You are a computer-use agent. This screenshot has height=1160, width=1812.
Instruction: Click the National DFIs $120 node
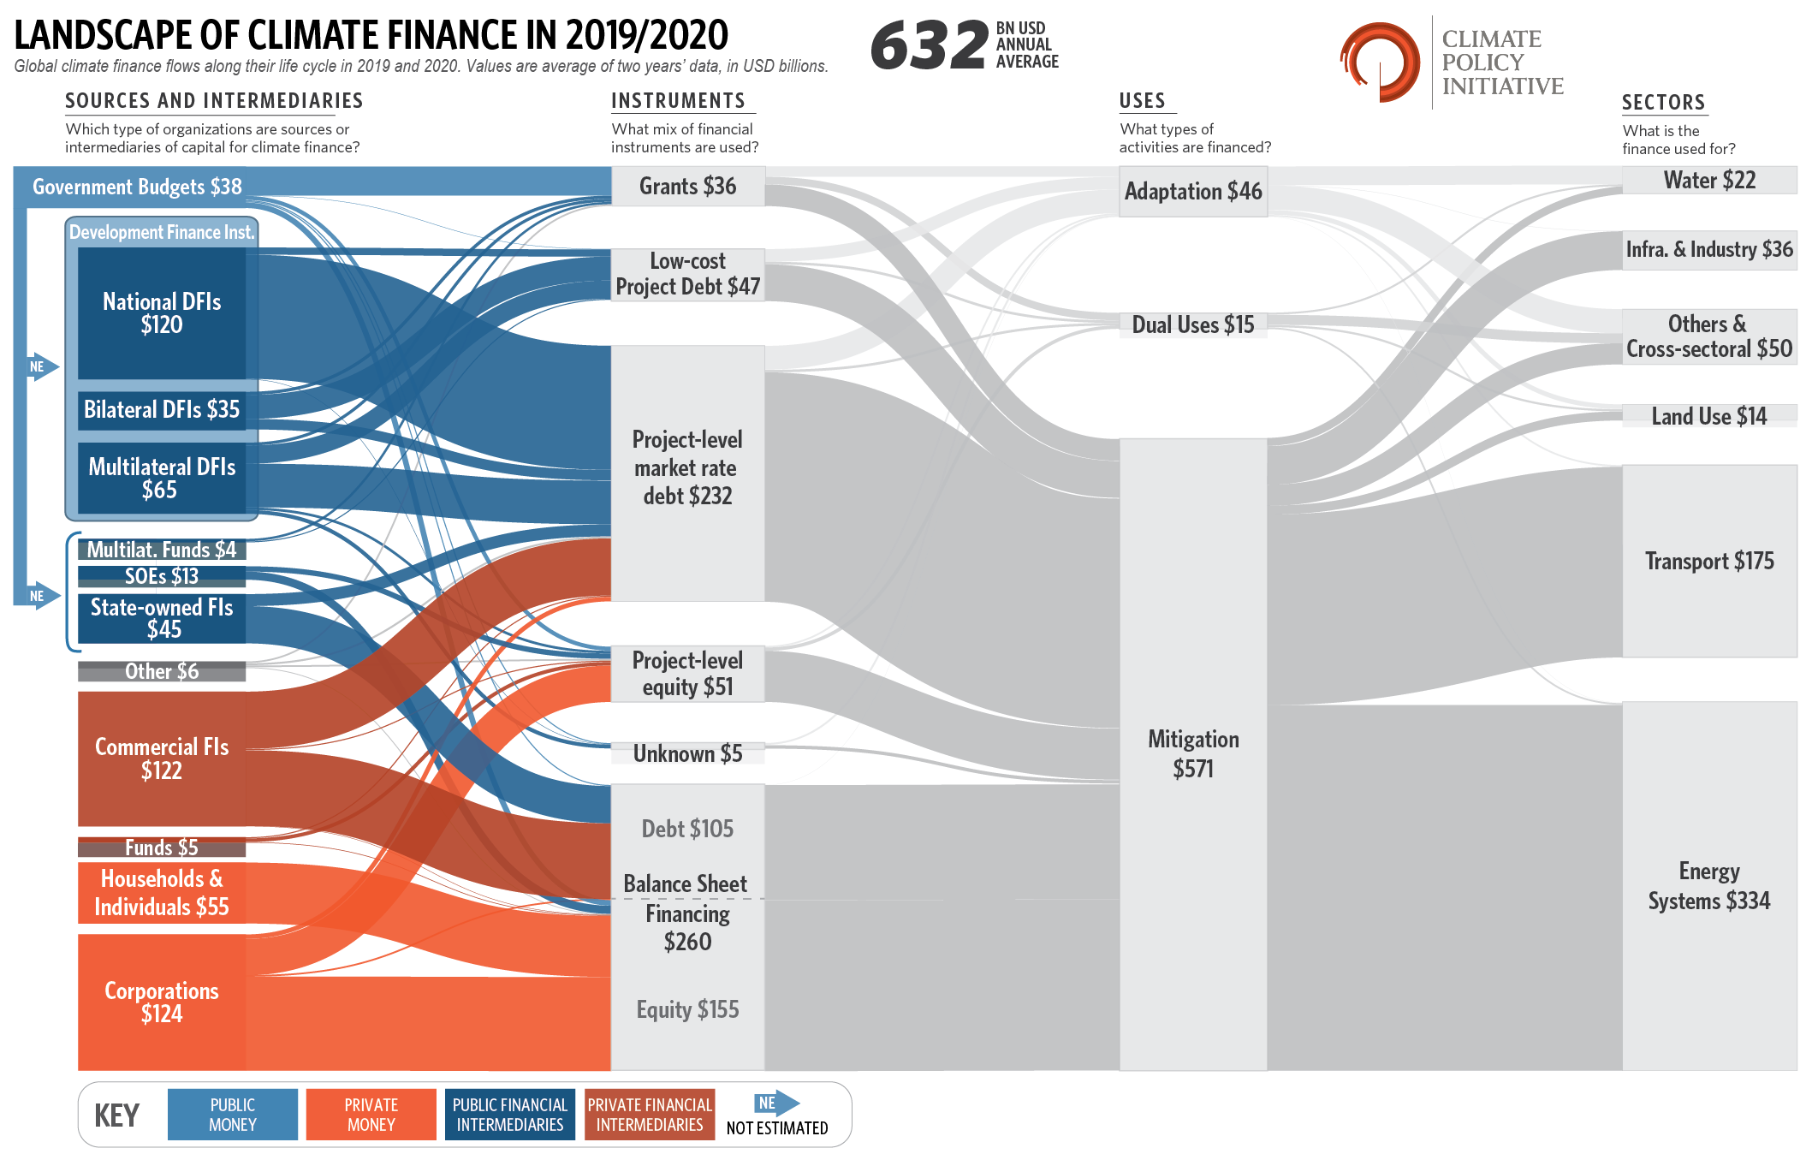(x=162, y=313)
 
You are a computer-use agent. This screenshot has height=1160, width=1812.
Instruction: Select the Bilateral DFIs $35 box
(x=162, y=409)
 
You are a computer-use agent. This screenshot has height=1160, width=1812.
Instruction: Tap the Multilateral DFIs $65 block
(x=162, y=478)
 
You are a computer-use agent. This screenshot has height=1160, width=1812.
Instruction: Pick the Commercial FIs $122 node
(x=162, y=758)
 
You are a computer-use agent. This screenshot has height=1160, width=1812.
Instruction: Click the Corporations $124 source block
(x=162, y=1002)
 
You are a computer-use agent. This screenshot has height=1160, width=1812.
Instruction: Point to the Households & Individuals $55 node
(x=162, y=893)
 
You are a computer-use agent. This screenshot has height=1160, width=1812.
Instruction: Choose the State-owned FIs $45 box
(x=162, y=618)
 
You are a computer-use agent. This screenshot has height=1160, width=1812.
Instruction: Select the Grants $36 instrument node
(x=687, y=186)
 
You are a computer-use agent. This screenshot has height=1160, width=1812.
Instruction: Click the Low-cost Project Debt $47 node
(x=687, y=274)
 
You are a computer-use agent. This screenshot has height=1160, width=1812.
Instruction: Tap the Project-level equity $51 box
(x=687, y=674)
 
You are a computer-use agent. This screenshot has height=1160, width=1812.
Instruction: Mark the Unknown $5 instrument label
(x=687, y=753)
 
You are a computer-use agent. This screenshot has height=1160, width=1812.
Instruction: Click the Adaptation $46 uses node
(x=1192, y=191)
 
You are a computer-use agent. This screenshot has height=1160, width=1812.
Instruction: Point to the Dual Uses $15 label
(x=1192, y=324)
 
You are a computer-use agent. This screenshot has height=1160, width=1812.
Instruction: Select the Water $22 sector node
(x=1708, y=180)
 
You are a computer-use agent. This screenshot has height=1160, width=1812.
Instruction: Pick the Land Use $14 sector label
(x=1708, y=416)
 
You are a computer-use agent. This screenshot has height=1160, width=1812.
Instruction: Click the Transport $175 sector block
(x=1708, y=561)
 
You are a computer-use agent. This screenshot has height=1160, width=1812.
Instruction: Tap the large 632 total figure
(x=930, y=45)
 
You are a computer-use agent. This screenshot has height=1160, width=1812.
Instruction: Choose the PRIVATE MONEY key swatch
(x=371, y=1115)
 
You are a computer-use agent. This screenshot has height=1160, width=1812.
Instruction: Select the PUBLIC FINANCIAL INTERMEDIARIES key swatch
(x=509, y=1115)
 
